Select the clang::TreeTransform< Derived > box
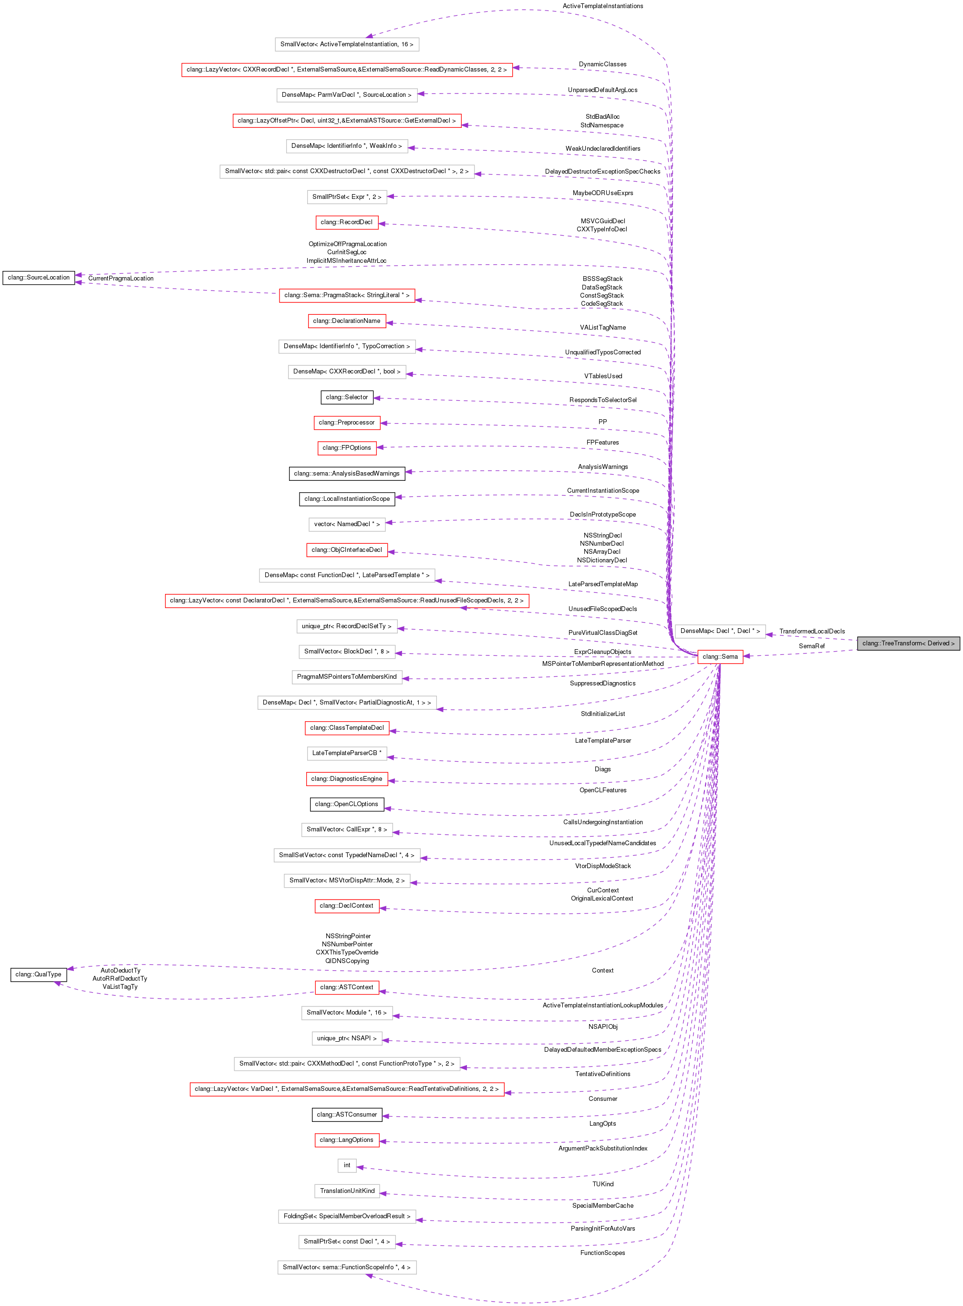click(908, 643)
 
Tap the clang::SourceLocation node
click(39, 278)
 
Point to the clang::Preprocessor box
click(347, 422)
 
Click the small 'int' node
click(347, 1165)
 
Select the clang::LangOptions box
click(347, 1140)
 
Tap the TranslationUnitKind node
click(347, 1191)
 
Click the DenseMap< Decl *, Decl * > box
click(720, 631)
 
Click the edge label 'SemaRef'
click(811, 646)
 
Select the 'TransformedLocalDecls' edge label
click(811, 632)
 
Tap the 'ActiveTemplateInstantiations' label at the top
click(603, 6)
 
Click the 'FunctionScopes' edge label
click(603, 1253)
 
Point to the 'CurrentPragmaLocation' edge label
click(121, 279)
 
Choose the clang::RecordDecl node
click(347, 222)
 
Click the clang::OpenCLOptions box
click(347, 804)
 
